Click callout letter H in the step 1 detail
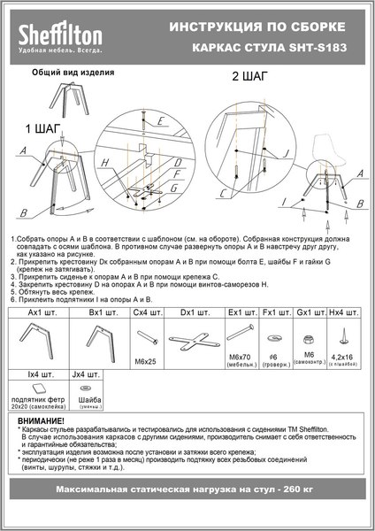(x=104, y=164)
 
